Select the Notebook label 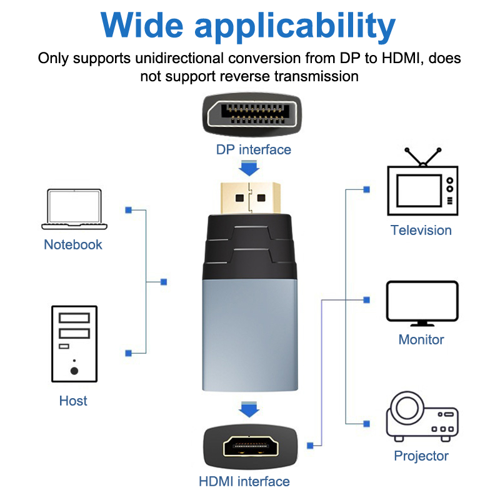(73, 244)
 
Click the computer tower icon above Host (74, 343)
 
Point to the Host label (73, 401)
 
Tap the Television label (421, 230)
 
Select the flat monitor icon (422, 303)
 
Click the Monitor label (421, 339)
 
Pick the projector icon (422, 416)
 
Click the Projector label (421, 456)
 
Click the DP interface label (254, 149)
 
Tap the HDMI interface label (244, 481)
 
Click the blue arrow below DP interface (250, 167)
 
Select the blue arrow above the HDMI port (250, 410)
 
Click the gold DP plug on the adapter (250, 196)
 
